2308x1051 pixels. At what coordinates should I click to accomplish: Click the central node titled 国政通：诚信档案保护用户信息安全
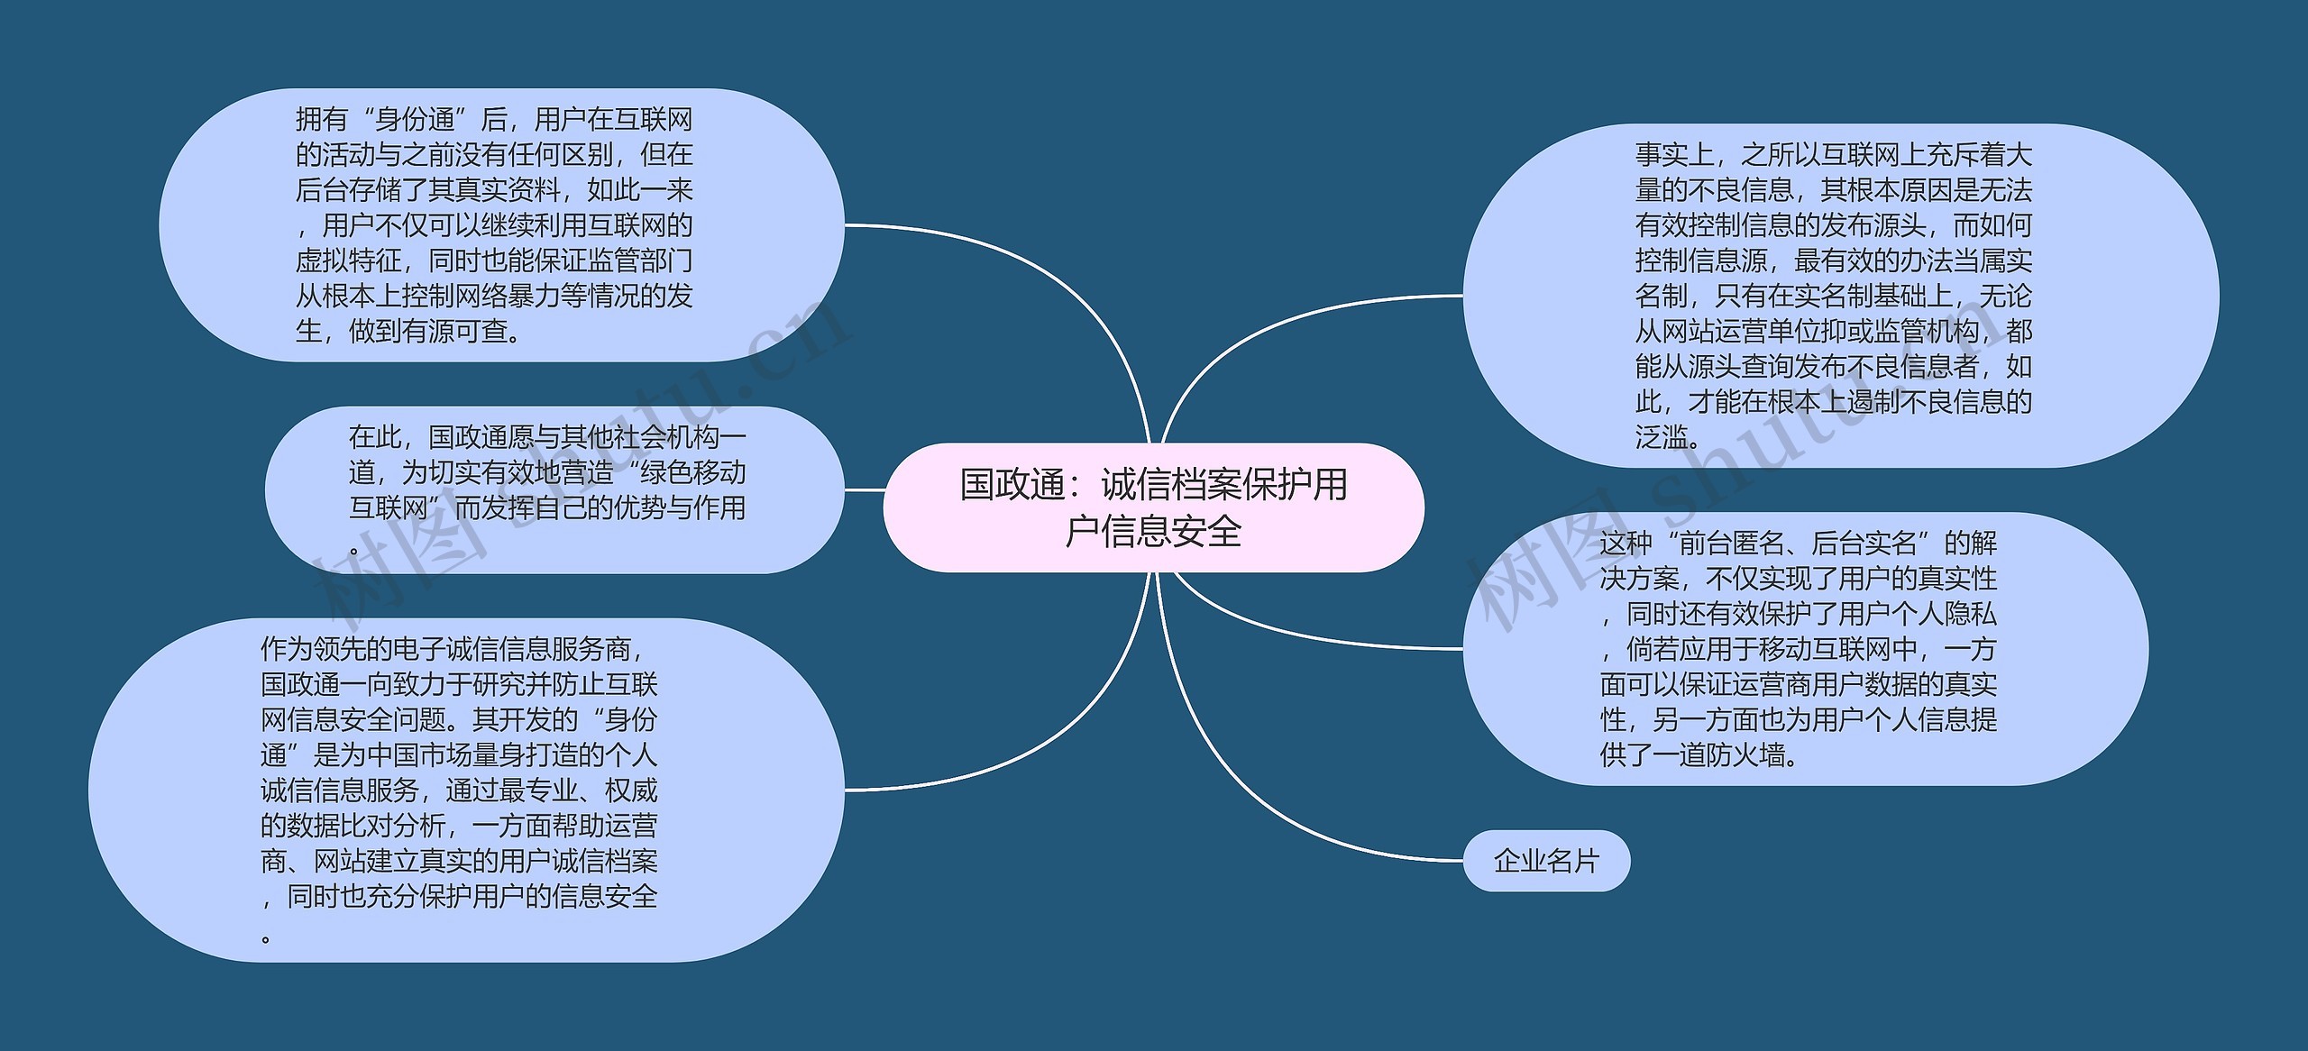click(1153, 507)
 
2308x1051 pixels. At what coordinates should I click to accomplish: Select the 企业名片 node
click(1546, 862)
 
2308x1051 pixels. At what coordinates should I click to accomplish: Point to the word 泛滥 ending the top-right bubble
click(1662, 437)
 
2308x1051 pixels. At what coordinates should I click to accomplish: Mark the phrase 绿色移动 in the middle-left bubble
click(693, 472)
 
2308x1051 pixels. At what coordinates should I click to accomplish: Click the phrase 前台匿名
click(1732, 543)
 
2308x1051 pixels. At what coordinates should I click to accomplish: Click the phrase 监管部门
click(639, 261)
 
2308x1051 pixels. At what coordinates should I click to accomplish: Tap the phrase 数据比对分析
click(365, 826)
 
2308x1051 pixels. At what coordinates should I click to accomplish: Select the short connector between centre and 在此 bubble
click(864, 490)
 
